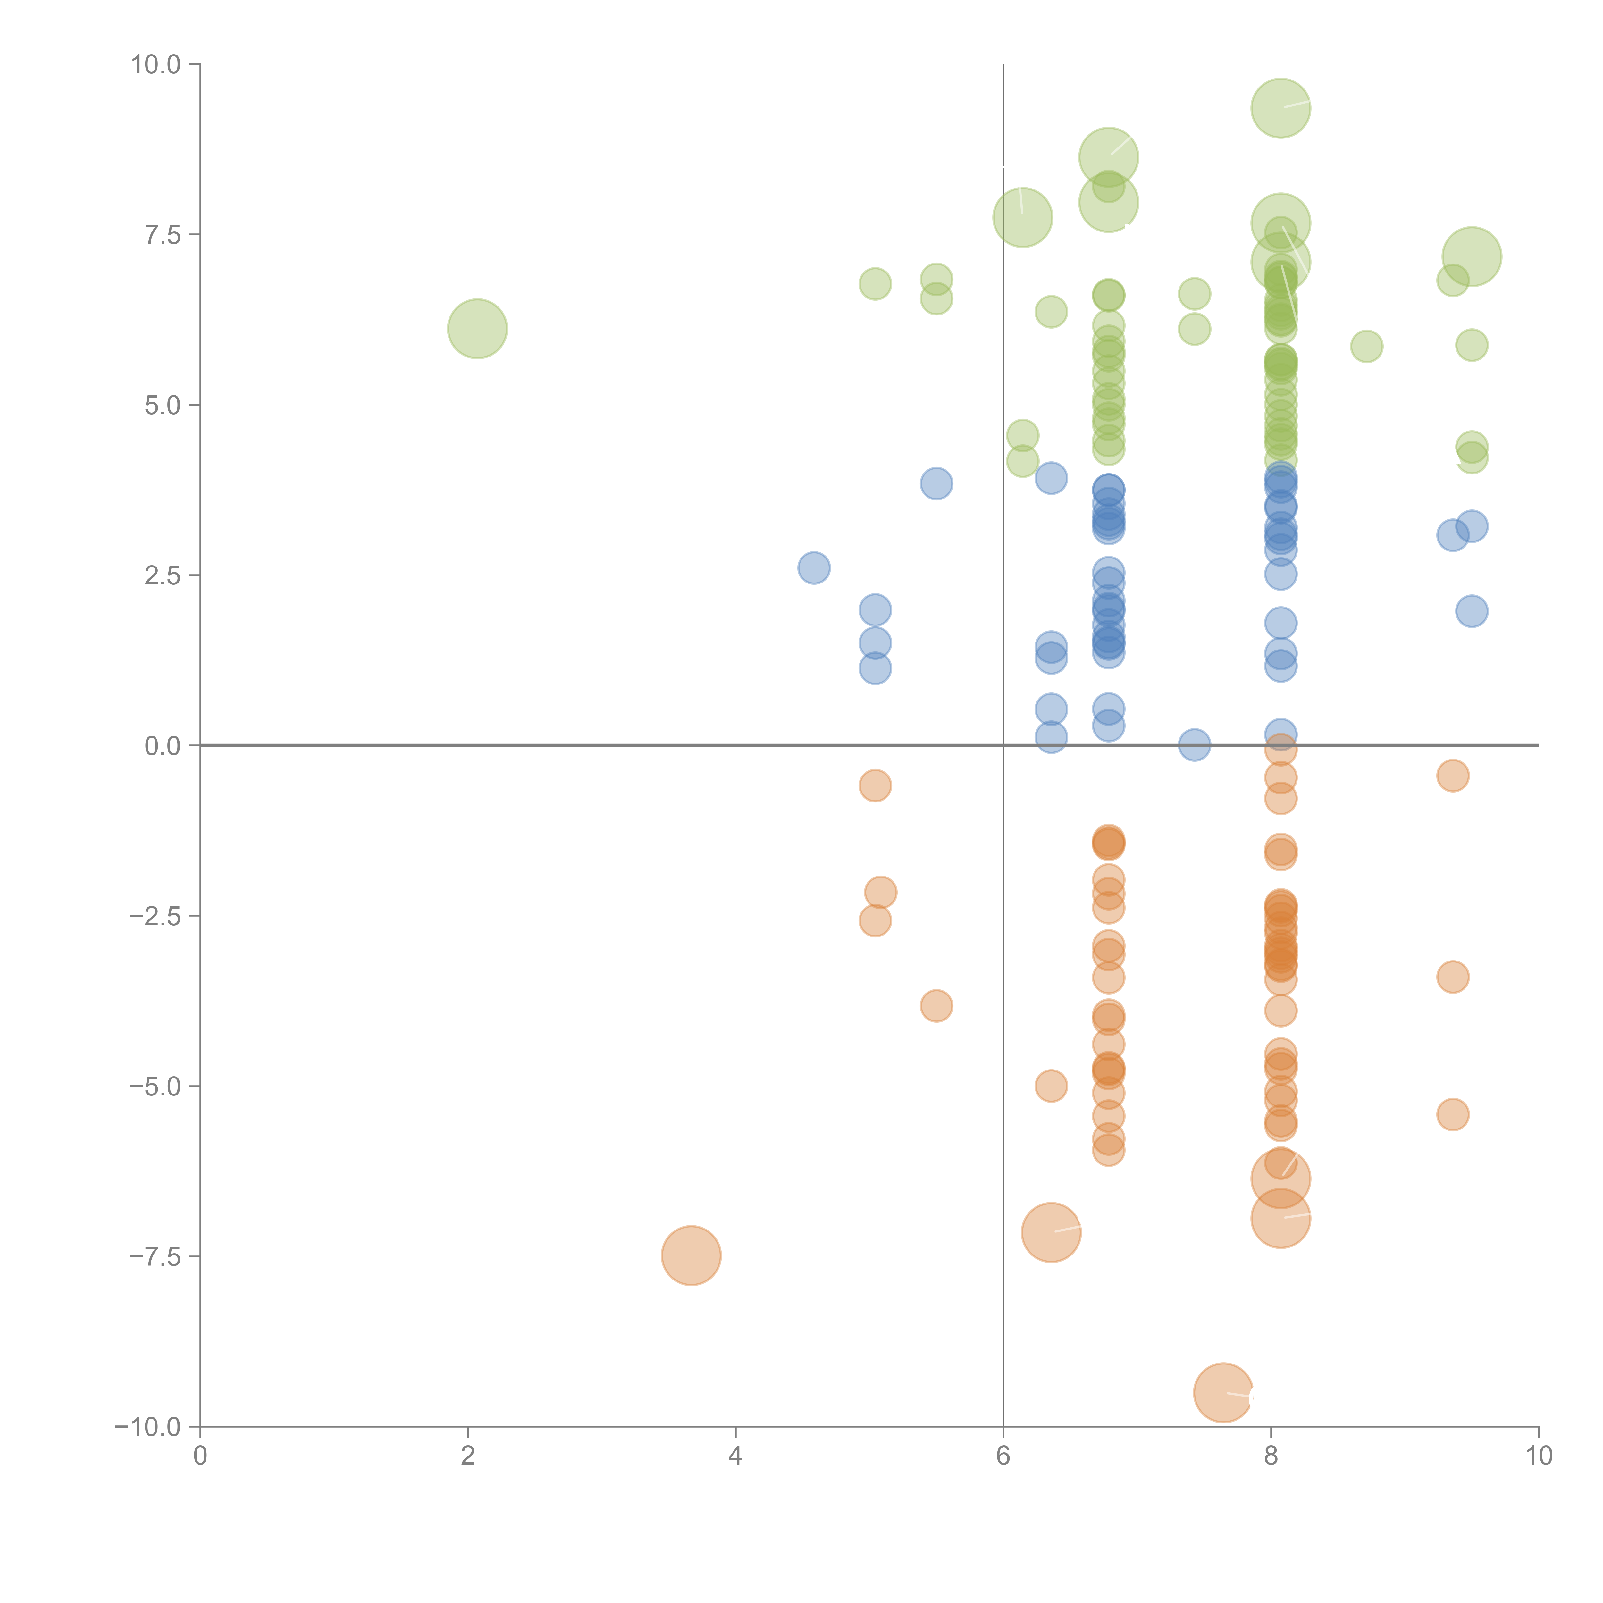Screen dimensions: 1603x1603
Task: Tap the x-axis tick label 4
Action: click(735, 1455)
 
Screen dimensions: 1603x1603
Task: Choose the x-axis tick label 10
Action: click(1538, 1455)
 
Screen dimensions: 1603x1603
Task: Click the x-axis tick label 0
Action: click(200, 1455)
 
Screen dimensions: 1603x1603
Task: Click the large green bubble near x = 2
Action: click(477, 329)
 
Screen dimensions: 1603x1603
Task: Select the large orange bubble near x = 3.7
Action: click(691, 1255)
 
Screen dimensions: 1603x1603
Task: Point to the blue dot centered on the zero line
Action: click(1194, 745)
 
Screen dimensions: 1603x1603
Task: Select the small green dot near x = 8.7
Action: click(1366, 346)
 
